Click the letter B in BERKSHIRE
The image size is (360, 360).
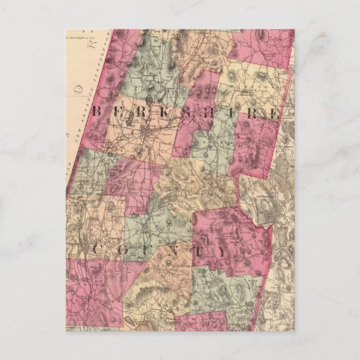coord(96,111)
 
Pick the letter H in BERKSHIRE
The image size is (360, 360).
coord(210,113)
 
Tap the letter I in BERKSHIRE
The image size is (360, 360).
coord(230,113)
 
